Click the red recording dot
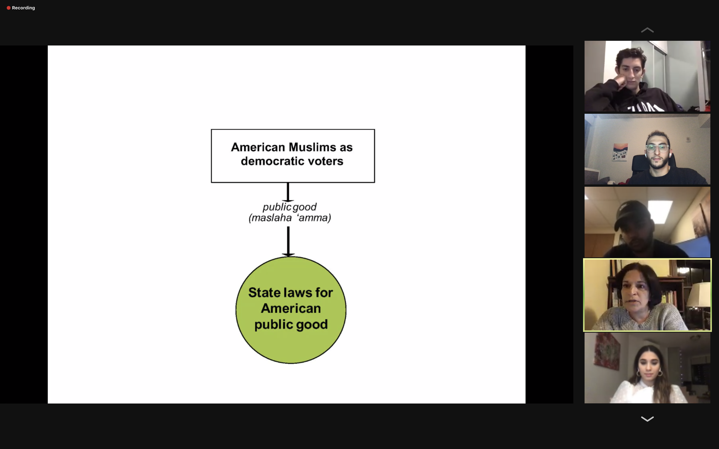[x=9, y=8]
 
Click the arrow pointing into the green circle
[x=288, y=241]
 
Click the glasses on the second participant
[x=658, y=148]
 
